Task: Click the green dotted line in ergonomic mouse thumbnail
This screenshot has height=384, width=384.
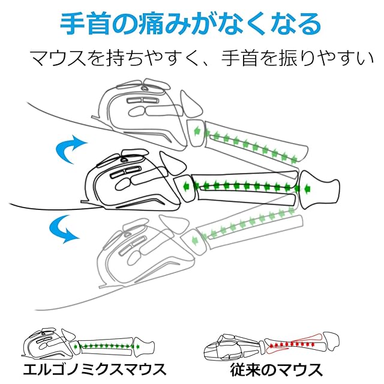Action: tap(108, 346)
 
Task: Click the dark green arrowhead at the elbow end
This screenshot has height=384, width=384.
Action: tap(308, 189)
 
